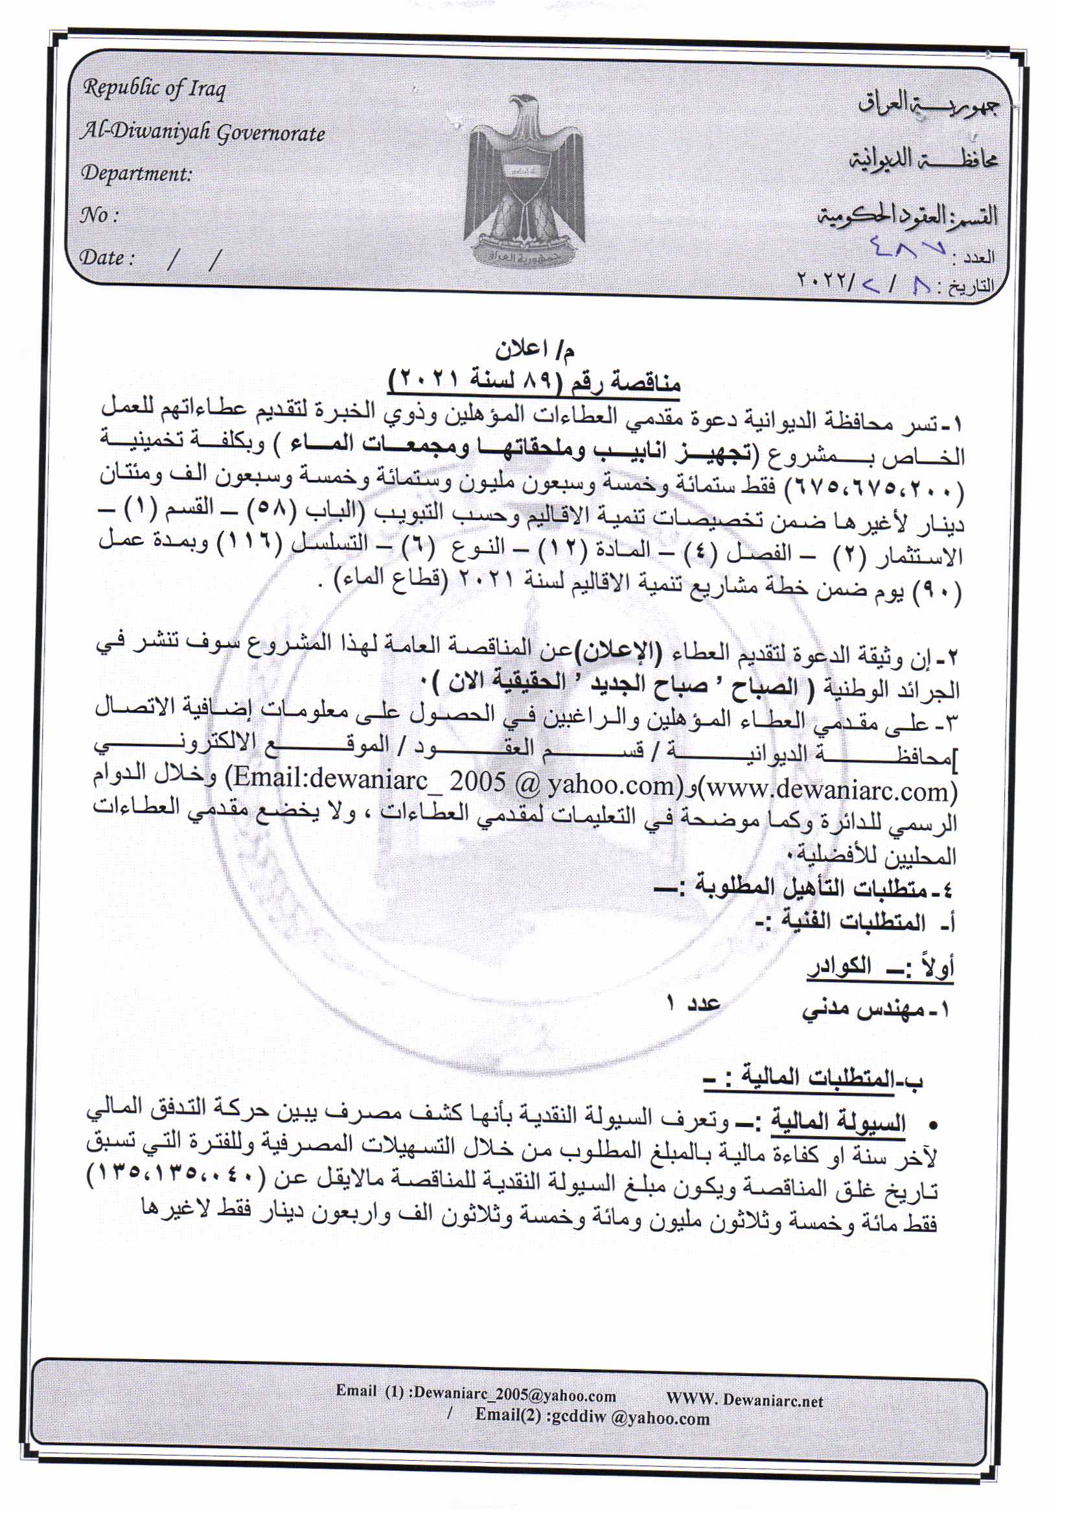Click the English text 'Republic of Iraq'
point(154,88)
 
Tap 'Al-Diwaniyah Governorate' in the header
point(203,134)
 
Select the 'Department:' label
point(136,174)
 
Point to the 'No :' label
point(99,215)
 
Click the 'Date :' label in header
point(107,257)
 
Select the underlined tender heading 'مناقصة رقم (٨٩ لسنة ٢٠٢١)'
point(535,381)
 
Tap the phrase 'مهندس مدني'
point(864,1010)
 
